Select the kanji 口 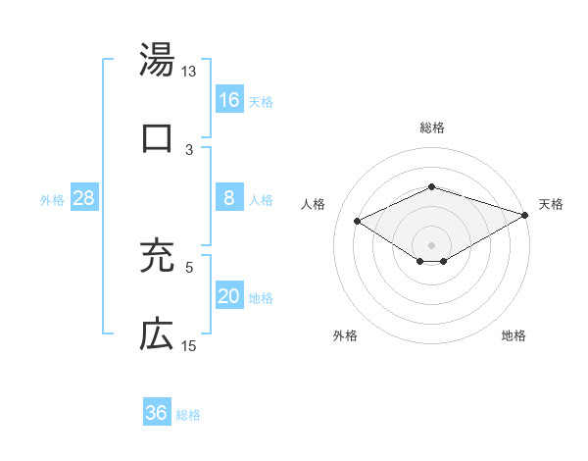coord(157,138)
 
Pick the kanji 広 coord(157,334)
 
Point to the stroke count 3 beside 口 coord(189,149)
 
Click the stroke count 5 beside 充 coord(189,266)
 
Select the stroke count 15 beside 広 coord(189,345)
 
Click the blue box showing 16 coord(229,99)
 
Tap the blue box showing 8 coord(229,198)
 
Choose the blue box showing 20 coord(229,296)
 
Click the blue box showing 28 coord(84,198)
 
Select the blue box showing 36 coord(157,413)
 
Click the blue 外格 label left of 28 coord(52,199)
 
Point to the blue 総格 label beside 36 coord(188,414)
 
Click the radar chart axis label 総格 coord(431,128)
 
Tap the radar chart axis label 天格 coord(551,204)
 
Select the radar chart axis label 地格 coord(514,335)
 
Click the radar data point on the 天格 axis coord(526,214)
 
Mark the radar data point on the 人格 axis coord(358,221)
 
